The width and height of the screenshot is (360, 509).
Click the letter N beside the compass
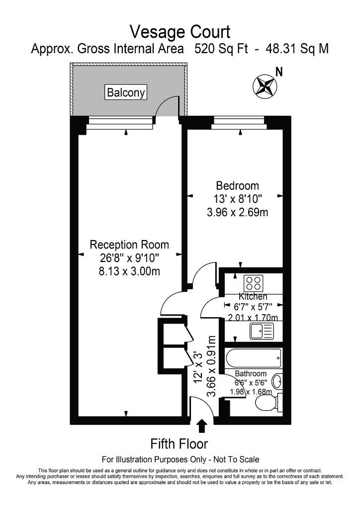(x=279, y=73)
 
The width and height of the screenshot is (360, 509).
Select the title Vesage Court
(x=180, y=32)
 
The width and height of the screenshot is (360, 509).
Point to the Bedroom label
(x=237, y=186)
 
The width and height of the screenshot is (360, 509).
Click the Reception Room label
(x=129, y=245)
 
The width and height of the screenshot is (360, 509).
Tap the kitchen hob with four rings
(x=254, y=283)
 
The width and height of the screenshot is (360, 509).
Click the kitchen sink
(x=262, y=330)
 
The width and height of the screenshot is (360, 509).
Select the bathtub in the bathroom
(x=254, y=357)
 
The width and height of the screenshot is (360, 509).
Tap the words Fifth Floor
(x=179, y=443)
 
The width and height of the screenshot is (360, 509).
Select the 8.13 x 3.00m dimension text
(x=129, y=271)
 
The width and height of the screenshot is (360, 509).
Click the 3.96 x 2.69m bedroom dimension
(x=237, y=212)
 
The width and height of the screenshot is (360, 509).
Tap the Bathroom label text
(x=251, y=373)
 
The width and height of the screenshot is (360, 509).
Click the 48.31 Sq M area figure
(x=297, y=49)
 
